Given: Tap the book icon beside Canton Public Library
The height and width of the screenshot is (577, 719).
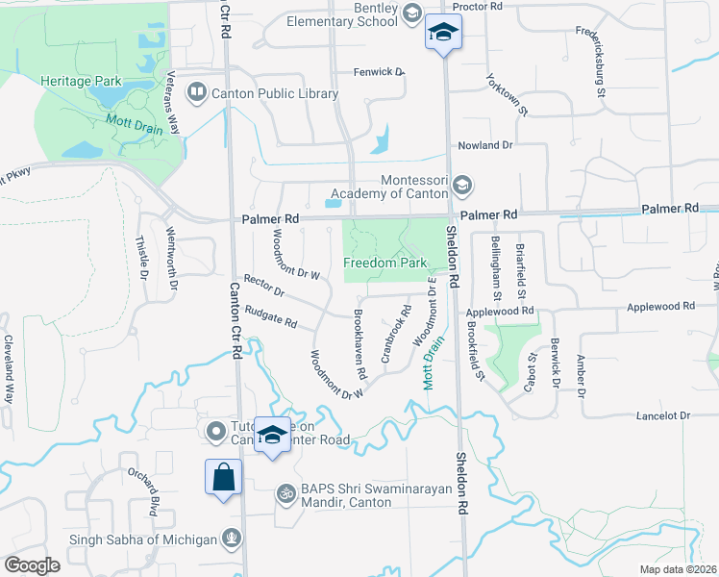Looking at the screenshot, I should coord(196,92).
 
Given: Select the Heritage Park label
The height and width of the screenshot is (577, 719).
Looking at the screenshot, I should coord(80,82).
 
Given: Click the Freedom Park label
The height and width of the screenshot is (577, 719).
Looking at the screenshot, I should coord(384,262).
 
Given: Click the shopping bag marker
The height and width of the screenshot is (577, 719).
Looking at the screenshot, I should coord(223,477).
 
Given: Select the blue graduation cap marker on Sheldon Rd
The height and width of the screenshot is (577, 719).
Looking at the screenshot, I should coord(442,35).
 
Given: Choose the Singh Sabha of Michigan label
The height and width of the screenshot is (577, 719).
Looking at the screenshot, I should coord(143,539).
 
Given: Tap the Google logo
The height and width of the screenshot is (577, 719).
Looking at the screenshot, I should coord(32,565).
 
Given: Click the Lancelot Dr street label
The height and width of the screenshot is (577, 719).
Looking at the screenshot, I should coord(663,415).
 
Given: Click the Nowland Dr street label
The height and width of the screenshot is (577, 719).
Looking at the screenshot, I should coord(485,145).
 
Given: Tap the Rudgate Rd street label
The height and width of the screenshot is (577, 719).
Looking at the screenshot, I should coord(270,315).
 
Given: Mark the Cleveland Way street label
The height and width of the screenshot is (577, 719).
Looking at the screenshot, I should coord(9,367).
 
